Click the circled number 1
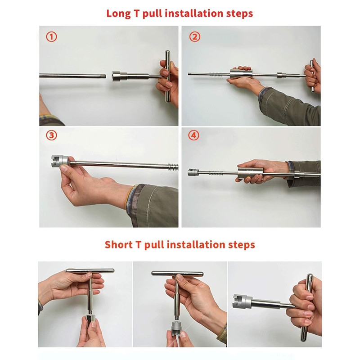tap(51, 37)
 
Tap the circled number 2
tap(194, 37)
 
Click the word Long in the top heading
tap(118, 13)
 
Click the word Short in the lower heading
tap(118, 245)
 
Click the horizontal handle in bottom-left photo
tap(90, 270)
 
